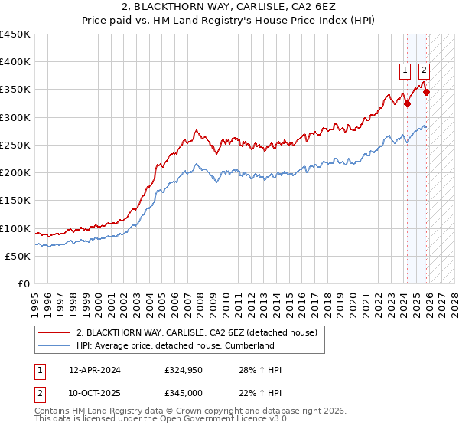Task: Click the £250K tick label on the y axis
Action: pyautogui.click(x=15, y=145)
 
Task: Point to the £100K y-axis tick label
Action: pyautogui.click(x=15, y=228)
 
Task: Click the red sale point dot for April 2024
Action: pyautogui.click(x=407, y=103)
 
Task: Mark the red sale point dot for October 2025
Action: pyautogui.click(x=426, y=93)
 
